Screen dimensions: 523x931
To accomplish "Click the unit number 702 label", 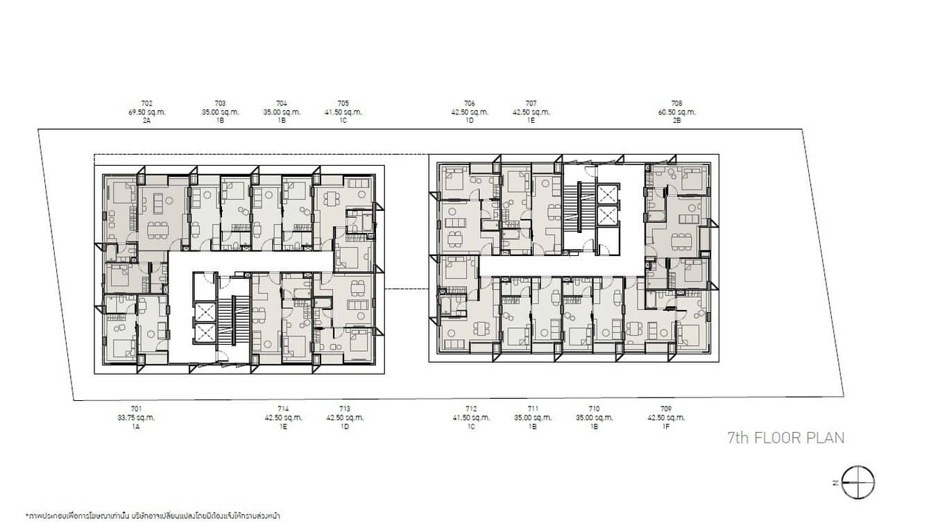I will [x=146, y=103].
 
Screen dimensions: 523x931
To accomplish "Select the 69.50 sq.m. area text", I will [x=146, y=112].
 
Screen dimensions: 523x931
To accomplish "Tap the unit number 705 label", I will [x=343, y=103].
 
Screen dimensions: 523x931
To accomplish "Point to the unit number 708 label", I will [x=677, y=103].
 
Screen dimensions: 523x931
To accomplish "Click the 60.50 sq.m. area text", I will [x=677, y=112].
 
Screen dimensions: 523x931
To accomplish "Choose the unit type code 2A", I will [x=146, y=120].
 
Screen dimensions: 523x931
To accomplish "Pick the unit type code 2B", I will [x=677, y=120].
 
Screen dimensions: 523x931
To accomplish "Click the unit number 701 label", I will [x=136, y=409].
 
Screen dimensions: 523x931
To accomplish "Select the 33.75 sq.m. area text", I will [x=136, y=418].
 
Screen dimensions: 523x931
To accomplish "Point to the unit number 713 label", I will [x=345, y=409].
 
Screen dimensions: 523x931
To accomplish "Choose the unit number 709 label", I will [x=667, y=409].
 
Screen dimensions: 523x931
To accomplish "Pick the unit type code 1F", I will [x=667, y=427].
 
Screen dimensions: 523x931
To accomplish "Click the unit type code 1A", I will [x=136, y=427].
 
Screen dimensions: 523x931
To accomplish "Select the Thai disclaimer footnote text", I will [x=153, y=516].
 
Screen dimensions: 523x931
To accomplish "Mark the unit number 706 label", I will [x=470, y=103].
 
